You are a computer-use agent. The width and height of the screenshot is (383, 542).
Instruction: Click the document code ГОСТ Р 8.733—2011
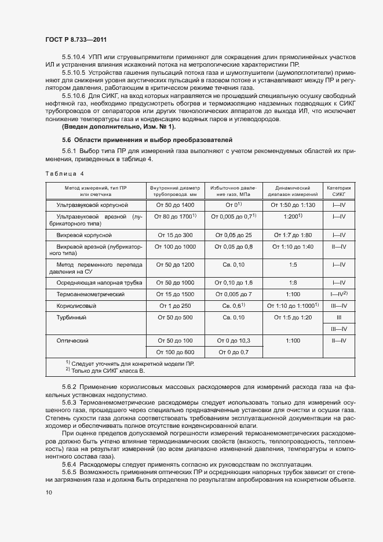pos(76,39)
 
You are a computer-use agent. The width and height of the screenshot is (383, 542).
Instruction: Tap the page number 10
pos(49,493)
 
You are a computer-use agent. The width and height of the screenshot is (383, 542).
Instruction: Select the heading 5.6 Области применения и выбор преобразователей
pos(147,140)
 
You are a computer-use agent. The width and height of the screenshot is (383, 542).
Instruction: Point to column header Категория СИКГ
pos(339,191)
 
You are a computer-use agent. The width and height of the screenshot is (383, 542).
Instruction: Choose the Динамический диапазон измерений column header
pos(293,191)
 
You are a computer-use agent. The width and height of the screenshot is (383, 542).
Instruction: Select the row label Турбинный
pos(71,318)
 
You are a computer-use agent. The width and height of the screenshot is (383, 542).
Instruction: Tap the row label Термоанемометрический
pos(90,294)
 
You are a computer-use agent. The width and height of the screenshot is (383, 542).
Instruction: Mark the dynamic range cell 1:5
pos(293,265)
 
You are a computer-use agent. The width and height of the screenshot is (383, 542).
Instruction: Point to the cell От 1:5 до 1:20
pos(293,318)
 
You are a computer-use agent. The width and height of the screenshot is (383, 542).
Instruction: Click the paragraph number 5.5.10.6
pos(73,95)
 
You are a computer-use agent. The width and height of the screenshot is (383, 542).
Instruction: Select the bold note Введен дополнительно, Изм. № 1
pos(118,127)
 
